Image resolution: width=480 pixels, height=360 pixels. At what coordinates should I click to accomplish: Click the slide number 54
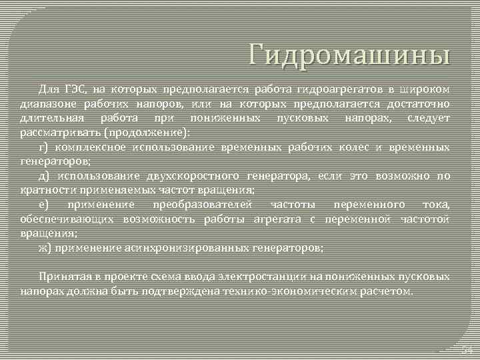[x=467, y=350]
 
